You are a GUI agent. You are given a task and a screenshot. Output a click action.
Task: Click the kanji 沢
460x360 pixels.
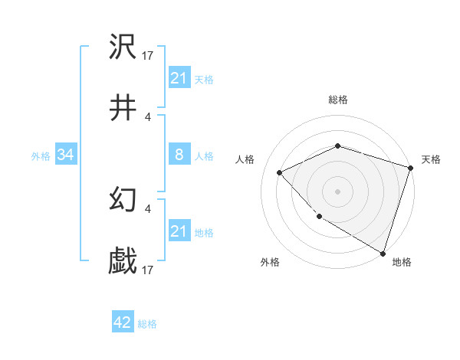click(x=123, y=48)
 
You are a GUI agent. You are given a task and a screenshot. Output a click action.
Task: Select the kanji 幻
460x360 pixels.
click(x=123, y=201)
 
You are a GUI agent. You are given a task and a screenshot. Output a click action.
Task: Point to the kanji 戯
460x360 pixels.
click(x=123, y=262)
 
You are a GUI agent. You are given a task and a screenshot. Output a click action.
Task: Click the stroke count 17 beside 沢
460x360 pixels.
click(x=148, y=56)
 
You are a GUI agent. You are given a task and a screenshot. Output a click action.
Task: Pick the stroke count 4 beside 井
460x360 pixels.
click(x=148, y=117)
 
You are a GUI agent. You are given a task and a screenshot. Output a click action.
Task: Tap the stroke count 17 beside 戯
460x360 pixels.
click(x=148, y=270)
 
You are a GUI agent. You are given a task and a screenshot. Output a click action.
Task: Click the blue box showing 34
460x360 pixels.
click(x=65, y=155)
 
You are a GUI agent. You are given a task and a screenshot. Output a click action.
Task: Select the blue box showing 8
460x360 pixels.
click(x=179, y=155)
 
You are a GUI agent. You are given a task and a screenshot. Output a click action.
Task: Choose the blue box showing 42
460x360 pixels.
click(x=122, y=323)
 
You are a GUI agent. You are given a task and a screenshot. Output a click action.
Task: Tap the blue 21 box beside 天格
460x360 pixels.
click(x=179, y=78)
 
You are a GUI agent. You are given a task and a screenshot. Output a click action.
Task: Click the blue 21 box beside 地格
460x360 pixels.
click(x=179, y=231)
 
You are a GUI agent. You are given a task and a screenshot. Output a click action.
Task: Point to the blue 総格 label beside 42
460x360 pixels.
click(x=147, y=324)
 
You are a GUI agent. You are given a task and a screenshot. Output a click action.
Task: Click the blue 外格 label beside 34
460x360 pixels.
click(x=41, y=156)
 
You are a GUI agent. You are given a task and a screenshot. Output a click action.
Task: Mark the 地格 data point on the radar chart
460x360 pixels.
click(x=383, y=253)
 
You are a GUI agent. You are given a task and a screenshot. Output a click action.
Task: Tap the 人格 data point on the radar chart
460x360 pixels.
click(x=280, y=172)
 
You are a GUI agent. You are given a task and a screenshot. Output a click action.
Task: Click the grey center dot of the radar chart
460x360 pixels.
click(x=337, y=191)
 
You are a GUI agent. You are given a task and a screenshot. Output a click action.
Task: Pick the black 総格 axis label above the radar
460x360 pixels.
click(x=337, y=100)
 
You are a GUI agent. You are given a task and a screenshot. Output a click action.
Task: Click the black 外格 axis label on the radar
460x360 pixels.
click(x=270, y=263)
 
